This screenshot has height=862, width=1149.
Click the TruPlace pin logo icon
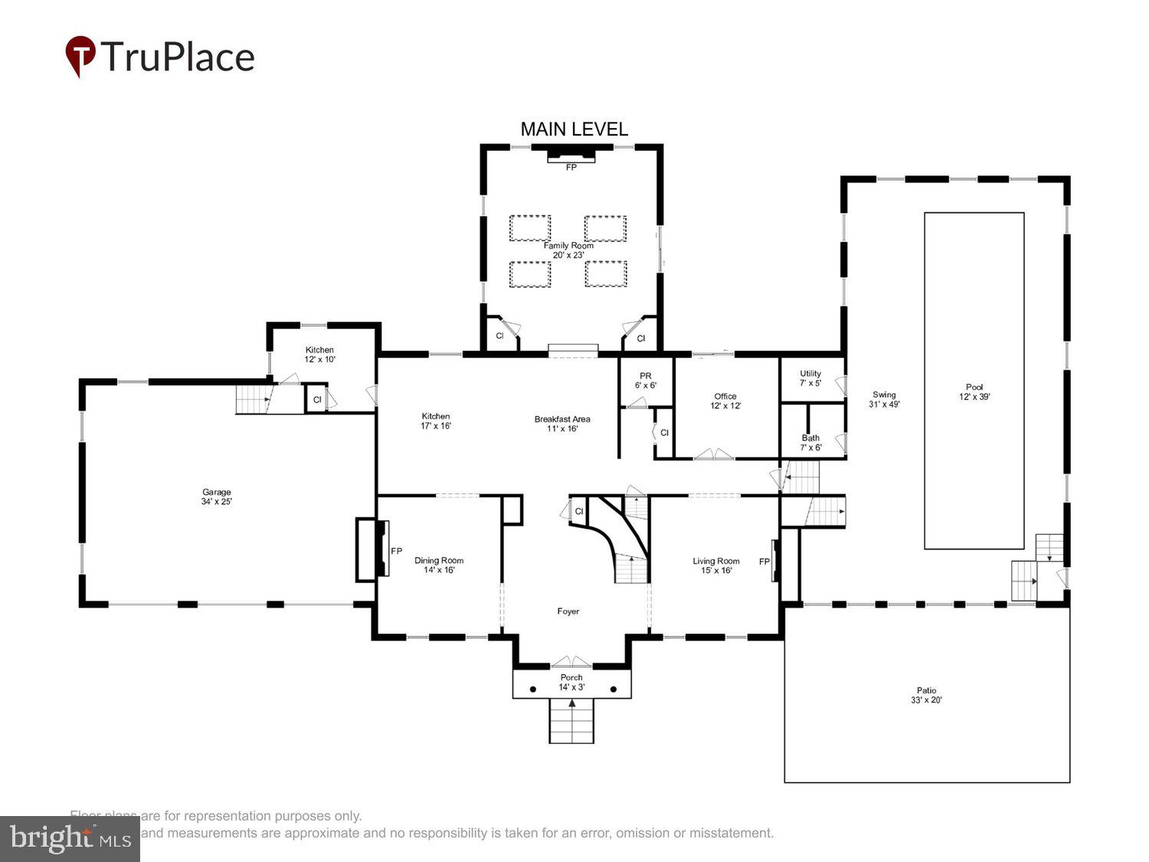[80, 56]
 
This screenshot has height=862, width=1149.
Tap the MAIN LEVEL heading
[574, 129]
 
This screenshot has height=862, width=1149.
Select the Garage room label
[217, 493]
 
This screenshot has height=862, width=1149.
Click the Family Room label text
[568, 246]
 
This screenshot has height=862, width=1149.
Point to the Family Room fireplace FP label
[571, 167]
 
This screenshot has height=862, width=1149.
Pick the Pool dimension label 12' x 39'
[974, 397]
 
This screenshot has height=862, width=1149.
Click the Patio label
[926, 690]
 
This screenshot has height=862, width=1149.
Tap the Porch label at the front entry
[571, 677]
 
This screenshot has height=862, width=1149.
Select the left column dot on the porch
[533, 690]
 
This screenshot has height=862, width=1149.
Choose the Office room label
[725, 396]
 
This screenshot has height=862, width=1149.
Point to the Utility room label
[810, 374]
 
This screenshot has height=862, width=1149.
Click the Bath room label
[810, 438]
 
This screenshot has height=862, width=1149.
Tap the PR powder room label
[646, 376]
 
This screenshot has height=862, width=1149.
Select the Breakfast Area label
[562, 419]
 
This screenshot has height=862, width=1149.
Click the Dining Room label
[439, 561]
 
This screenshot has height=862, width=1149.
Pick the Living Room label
[716, 561]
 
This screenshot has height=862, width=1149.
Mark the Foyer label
[568, 611]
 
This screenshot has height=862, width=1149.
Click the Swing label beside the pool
[884, 395]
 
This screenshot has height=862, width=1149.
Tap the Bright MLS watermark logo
[70, 839]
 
